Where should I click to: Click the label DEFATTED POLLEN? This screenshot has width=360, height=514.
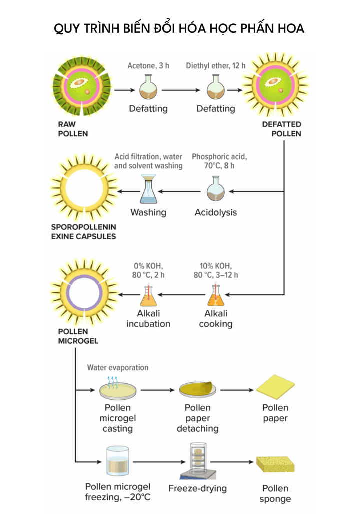point(282,129)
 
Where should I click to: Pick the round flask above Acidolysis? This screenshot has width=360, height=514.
point(216,190)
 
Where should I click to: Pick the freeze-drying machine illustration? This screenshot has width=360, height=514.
point(198,461)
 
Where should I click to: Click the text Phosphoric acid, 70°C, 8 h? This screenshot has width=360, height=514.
point(219,161)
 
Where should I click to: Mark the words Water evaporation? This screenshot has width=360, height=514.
point(118,367)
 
